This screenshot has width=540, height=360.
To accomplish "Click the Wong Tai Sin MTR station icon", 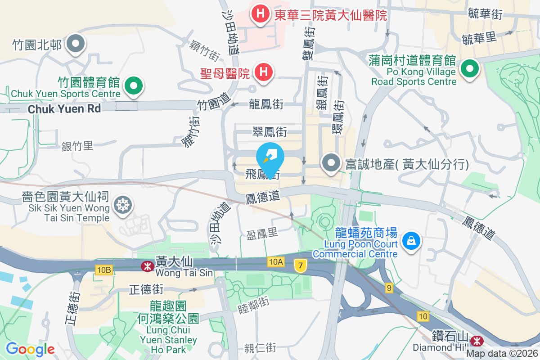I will [x=147, y=266].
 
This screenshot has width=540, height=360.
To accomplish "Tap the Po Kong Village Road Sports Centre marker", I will [x=470, y=69].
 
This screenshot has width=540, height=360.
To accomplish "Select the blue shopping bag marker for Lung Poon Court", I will [x=411, y=240].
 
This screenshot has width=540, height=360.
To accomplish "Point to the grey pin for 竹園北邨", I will [x=76, y=44].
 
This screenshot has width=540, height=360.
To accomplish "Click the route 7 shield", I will [x=300, y=265].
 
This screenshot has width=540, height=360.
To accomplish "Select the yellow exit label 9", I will [x=389, y=287].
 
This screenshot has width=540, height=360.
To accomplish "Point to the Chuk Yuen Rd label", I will [x=64, y=109].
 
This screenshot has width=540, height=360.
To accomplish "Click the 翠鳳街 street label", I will [x=270, y=132].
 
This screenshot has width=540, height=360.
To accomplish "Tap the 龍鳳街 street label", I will [x=266, y=104].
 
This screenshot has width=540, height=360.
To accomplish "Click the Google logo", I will [x=30, y=349].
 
